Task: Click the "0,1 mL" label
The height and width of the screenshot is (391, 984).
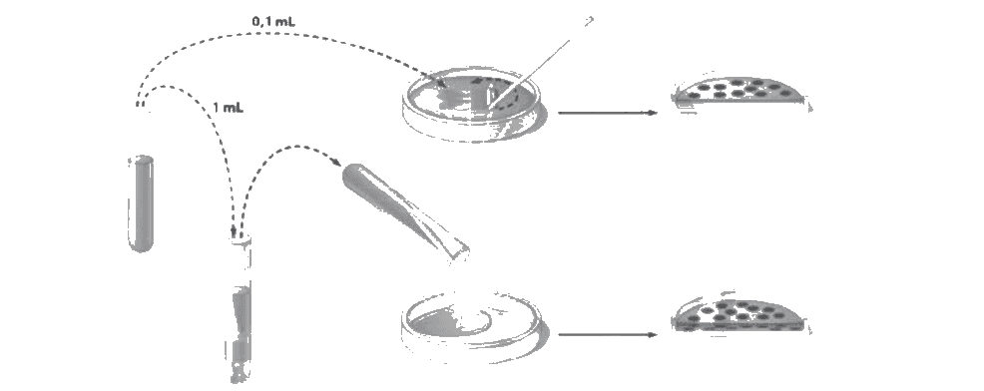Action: [x=273, y=22]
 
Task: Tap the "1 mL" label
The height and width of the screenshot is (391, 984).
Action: [x=228, y=108]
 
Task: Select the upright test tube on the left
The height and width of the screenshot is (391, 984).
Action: [x=141, y=203]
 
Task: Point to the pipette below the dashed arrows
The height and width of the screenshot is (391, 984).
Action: [x=240, y=307]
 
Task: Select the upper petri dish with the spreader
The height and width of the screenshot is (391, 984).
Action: [x=473, y=108]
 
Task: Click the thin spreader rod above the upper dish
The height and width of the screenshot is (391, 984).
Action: [x=539, y=63]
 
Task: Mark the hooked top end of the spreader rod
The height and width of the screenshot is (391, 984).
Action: [x=589, y=21]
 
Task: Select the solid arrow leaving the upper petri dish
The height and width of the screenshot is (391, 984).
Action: [x=608, y=113]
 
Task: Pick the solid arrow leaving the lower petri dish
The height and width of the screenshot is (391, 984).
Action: [x=608, y=334]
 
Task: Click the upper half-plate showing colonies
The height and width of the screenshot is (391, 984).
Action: [x=740, y=93]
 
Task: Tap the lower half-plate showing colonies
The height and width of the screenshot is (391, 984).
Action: [x=740, y=315]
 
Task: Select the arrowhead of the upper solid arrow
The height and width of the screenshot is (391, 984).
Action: [x=653, y=113]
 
